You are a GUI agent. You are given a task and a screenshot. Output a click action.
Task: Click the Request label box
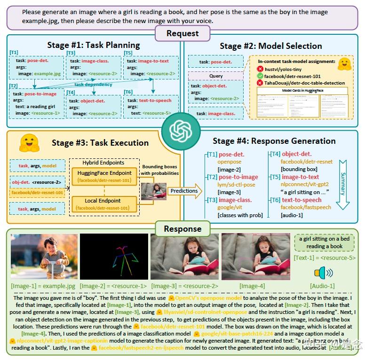pos(182,33)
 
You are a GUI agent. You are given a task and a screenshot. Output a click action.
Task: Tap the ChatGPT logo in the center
pos(181,128)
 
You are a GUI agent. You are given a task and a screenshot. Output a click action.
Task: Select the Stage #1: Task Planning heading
pos(94,45)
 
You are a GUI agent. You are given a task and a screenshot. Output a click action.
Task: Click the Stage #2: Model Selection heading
pos(271,46)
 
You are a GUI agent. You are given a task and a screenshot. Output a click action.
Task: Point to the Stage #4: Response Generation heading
pos(274,141)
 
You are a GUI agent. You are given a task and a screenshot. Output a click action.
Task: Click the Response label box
pos(182,229)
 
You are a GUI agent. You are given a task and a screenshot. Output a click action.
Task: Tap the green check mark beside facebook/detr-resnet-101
pos(260,76)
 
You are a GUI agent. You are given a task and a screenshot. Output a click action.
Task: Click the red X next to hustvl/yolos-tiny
pos(260,69)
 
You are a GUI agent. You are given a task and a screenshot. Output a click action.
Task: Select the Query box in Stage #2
pos(216,76)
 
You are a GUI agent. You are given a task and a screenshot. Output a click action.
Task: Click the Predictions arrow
pos(185,191)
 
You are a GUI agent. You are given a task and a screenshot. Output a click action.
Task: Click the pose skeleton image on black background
pos(114,257)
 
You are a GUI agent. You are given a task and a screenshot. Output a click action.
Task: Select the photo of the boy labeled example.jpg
pos(44,257)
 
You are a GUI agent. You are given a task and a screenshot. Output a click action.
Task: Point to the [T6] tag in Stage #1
pos(128,92)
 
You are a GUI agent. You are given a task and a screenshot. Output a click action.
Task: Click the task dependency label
pos(93,85)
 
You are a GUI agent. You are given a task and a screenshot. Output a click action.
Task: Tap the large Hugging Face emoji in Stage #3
pos(29,143)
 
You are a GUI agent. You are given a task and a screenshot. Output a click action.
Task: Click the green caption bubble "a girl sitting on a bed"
pos(324,243)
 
